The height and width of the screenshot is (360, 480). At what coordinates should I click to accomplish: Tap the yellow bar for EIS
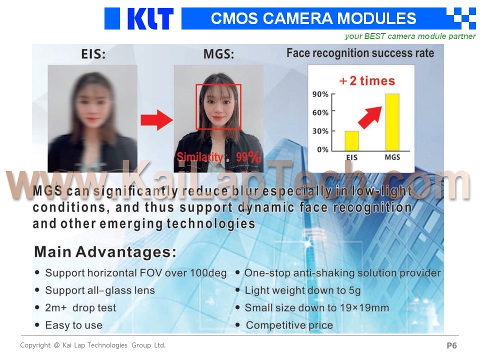351,141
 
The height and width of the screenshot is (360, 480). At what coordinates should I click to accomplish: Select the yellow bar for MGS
392,122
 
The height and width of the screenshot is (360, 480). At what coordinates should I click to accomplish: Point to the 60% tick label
320,112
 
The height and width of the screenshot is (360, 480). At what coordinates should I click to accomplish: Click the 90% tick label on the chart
320,94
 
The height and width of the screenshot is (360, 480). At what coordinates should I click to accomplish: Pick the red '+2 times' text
367,81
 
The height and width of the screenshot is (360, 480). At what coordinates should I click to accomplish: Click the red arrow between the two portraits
156,120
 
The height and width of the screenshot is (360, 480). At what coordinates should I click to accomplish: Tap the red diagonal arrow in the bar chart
370,117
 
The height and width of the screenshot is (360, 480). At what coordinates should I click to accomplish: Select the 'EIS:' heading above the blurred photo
93,54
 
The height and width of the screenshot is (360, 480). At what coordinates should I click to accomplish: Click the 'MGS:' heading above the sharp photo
218,54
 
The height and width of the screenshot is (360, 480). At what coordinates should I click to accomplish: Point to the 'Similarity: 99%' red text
219,157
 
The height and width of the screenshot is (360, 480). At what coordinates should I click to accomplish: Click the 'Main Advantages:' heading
105,252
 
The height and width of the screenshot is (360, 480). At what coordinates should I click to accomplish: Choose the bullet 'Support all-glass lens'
100,290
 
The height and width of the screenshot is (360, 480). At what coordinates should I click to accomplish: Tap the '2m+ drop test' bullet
80,307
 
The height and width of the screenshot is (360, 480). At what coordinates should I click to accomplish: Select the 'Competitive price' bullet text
289,325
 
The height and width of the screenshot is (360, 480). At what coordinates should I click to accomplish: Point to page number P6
451,345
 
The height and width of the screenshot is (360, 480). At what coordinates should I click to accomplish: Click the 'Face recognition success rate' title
360,53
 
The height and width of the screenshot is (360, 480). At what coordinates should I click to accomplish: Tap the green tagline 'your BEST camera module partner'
410,36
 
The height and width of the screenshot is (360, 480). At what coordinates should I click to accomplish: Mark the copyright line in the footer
93,345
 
